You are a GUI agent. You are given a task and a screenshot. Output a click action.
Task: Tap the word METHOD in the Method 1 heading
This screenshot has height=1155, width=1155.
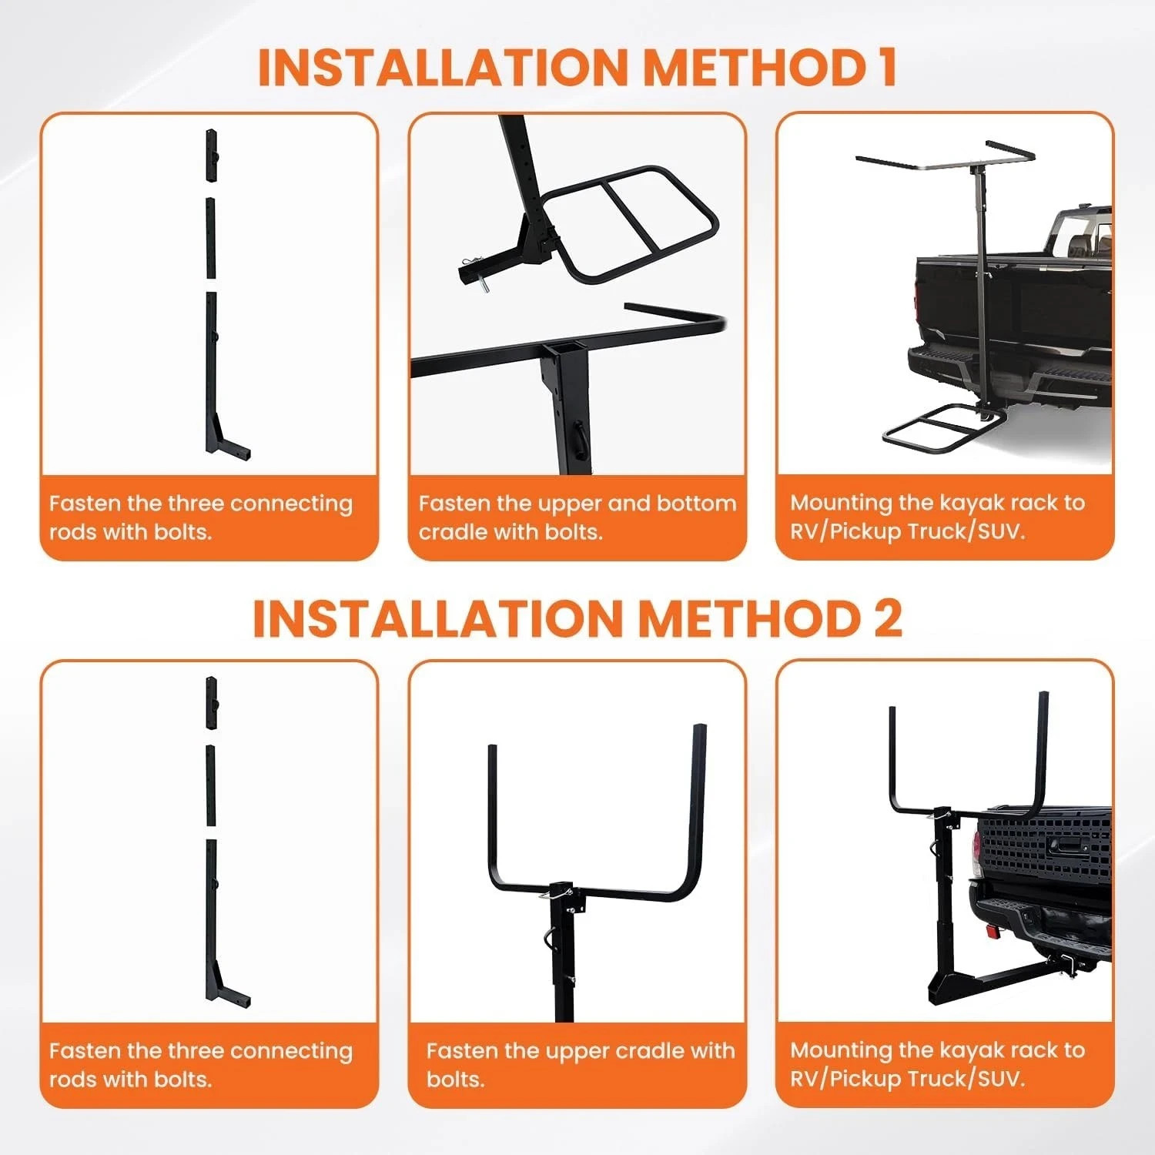755,67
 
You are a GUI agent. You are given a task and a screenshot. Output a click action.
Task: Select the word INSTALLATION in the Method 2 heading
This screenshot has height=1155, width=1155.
437,618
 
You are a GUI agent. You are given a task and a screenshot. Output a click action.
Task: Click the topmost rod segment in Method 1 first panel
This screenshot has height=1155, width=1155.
211,155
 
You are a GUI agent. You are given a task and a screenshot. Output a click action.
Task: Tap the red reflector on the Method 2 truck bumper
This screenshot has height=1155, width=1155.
991,932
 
